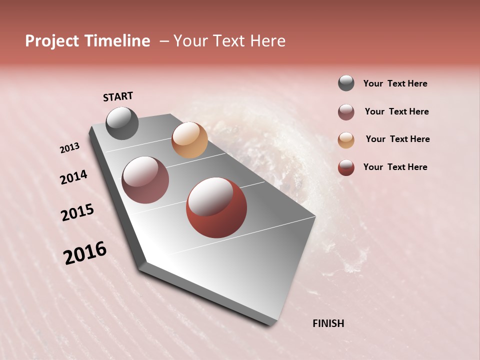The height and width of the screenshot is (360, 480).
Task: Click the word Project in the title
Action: (x=52, y=41)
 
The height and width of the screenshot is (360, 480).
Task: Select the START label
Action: (x=118, y=96)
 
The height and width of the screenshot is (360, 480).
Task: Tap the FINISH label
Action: (x=328, y=323)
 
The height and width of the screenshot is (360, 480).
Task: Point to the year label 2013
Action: (x=70, y=148)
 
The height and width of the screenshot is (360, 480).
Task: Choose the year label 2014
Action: (x=73, y=177)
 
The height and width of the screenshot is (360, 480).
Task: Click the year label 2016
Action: (x=85, y=253)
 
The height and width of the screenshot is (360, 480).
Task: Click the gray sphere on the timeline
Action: (x=122, y=123)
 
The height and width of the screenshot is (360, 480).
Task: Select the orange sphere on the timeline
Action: (x=189, y=140)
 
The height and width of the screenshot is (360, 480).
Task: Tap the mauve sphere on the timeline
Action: (x=145, y=180)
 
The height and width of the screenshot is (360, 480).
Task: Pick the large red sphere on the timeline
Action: (x=216, y=207)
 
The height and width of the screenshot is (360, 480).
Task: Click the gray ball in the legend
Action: (x=346, y=83)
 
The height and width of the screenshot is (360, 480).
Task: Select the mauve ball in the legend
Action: (x=346, y=112)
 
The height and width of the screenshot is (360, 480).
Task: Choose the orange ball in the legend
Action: (x=346, y=139)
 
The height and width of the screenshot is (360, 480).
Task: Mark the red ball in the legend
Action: (x=346, y=167)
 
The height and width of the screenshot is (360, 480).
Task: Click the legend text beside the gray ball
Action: (x=395, y=84)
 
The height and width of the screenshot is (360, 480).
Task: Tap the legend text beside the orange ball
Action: (x=397, y=139)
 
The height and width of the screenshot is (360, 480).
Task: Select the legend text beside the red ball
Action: (x=395, y=167)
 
